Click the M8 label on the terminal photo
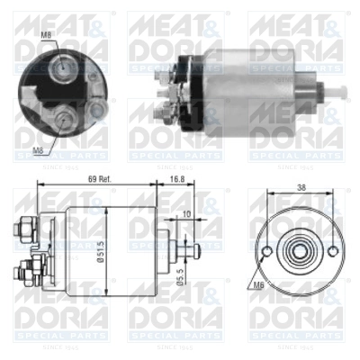click(46, 35)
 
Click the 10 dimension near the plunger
click(184, 216)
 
